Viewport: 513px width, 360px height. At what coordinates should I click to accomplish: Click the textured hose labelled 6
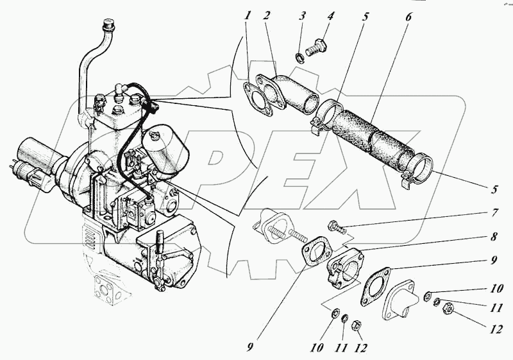pos(372,141)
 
